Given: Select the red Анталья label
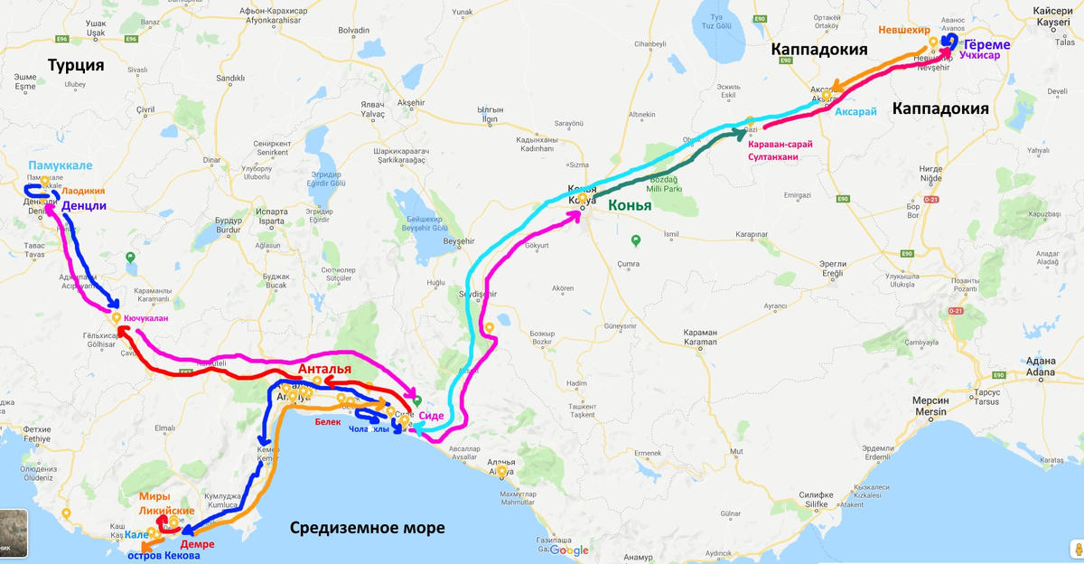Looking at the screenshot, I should pyautogui.click(x=324, y=370).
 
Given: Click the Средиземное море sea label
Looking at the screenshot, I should pyautogui.click(x=368, y=528).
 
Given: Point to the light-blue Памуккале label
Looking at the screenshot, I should pyautogui.click(x=60, y=166).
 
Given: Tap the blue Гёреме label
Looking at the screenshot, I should pyautogui.click(x=986, y=44).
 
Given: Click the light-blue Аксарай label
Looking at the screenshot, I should pyautogui.click(x=855, y=112).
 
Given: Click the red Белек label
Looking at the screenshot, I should pyautogui.click(x=327, y=421).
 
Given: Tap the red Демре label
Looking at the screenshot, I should pyautogui.click(x=197, y=544).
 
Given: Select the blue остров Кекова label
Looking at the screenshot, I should pyautogui.click(x=164, y=556).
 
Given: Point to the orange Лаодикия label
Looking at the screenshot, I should pyautogui.click(x=83, y=191).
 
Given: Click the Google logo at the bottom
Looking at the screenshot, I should pyautogui.click(x=568, y=550).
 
